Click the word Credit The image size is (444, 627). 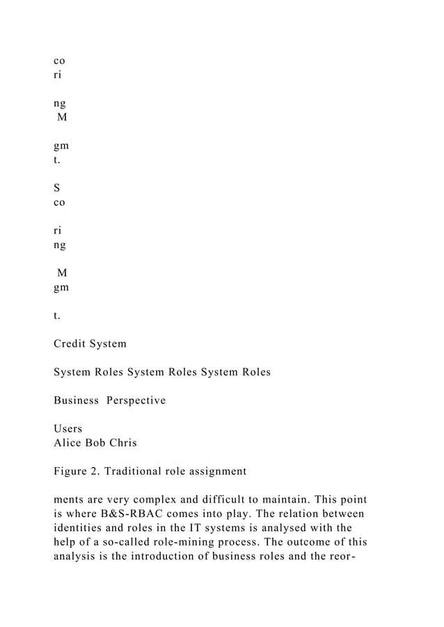70,343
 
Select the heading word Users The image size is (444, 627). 68,430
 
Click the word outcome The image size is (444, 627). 313,542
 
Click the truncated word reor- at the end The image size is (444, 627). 354,556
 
